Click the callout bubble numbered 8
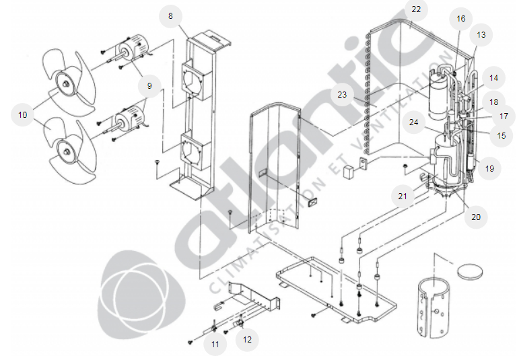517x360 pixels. (x=170, y=16)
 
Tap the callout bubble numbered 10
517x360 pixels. (x=22, y=114)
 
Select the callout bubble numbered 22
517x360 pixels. (x=416, y=9)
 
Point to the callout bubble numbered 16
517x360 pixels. (x=460, y=19)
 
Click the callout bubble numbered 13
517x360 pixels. (x=481, y=35)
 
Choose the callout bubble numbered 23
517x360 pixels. (x=342, y=95)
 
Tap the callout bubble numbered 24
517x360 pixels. (x=413, y=122)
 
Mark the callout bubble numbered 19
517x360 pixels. (x=489, y=169)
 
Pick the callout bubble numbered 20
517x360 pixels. (x=476, y=217)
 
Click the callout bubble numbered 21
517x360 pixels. (x=403, y=196)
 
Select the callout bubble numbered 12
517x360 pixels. (x=247, y=340)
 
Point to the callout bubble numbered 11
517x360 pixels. (x=215, y=345)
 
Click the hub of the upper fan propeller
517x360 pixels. (x=67, y=83)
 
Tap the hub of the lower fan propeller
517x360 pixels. (x=67, y=151)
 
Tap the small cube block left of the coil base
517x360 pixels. (x=348, y=172)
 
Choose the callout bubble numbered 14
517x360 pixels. (x=493, y=78)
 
